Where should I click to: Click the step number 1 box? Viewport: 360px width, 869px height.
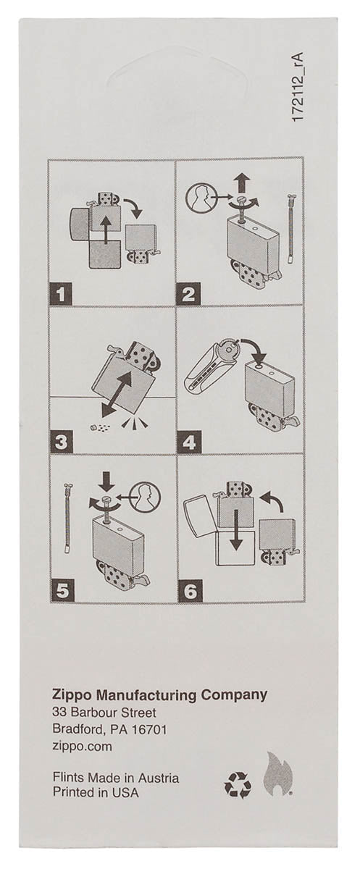62,293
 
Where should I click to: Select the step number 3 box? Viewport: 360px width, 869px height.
62,441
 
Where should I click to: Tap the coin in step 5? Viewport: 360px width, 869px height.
146,496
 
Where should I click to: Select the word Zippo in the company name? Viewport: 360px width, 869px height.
72,694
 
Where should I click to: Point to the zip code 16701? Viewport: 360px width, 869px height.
150,729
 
